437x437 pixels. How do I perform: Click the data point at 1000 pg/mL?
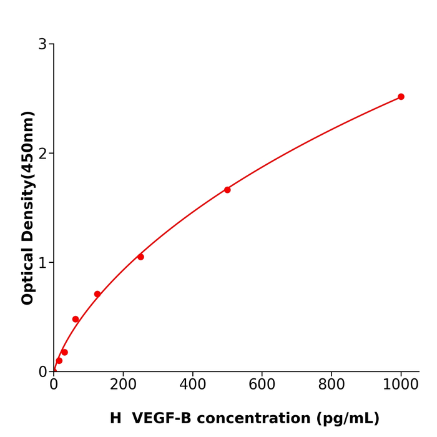click(401, 97)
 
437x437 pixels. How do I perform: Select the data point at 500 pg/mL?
click(227, 190)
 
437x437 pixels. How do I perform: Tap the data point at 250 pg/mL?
click(140, 257)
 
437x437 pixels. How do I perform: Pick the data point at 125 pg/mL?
click(97, 294)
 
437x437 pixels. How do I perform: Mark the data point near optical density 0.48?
click(76, 319)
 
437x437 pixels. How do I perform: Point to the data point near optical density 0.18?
click(64, 352)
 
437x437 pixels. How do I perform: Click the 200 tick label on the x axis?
click(123, 385)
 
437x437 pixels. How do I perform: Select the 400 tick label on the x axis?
click(192, 385)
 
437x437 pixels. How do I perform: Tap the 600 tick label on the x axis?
click(262, 385)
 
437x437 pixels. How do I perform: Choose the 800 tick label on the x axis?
click(331, 385)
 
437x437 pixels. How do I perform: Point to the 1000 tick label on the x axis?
click(401, 385)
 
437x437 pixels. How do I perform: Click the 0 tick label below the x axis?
click(54, 385)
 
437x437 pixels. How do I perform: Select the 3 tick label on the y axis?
click(42, 44)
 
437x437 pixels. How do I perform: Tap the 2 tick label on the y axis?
click(42, 154)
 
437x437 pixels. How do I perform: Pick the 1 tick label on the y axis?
click(42, 263)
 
